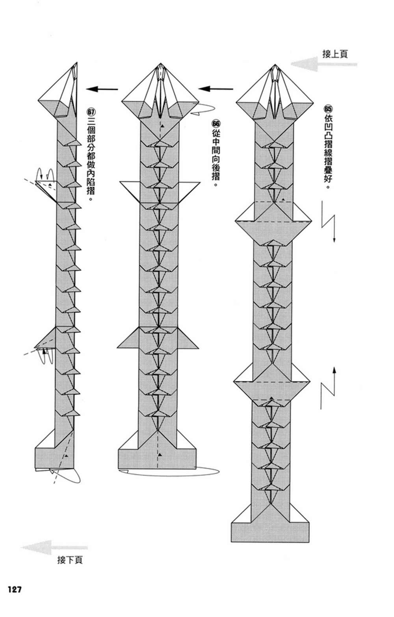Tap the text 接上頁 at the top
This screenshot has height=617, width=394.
(335, 54)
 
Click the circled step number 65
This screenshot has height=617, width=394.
(327, 109)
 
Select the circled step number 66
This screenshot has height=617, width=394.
(216, 124)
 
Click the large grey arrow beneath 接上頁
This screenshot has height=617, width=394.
(324, 64)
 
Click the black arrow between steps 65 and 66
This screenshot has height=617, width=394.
(216, 89)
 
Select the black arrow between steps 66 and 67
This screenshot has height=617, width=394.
(102, 89)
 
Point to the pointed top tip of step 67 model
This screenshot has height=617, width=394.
(77, 63)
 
